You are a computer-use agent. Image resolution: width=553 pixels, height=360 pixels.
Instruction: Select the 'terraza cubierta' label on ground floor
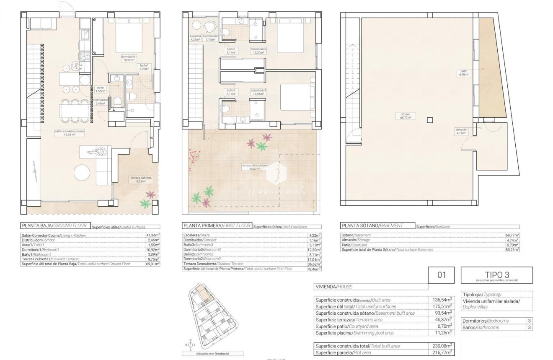coord(140,179)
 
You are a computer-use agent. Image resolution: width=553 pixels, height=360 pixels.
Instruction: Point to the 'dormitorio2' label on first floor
coord(259,92)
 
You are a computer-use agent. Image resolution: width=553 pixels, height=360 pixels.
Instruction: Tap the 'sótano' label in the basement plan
coord(405,116)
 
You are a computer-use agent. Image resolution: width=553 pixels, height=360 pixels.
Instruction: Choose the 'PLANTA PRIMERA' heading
coord(217,225)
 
